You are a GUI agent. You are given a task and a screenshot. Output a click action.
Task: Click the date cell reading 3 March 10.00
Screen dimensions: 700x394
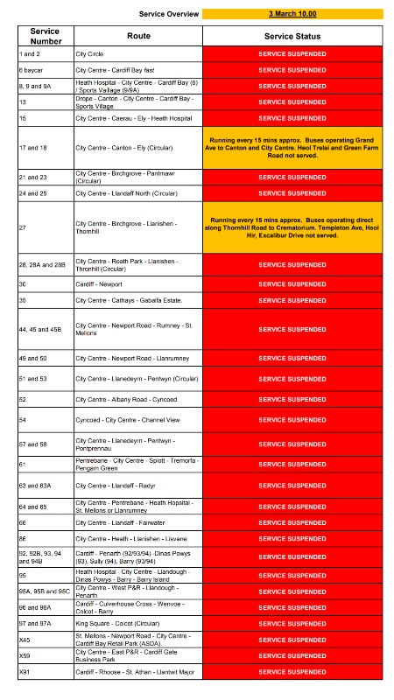click(292, 15)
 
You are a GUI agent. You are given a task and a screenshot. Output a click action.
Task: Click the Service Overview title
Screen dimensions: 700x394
click(170, 15)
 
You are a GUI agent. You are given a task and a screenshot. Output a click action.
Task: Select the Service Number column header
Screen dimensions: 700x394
click(45, 36)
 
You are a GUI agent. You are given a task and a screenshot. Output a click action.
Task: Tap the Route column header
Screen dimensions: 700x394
click(138, 36)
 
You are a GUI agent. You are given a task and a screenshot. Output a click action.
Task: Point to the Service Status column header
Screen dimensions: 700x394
click(292, 36)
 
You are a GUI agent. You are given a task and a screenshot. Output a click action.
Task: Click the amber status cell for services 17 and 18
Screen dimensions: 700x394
click(292, 148)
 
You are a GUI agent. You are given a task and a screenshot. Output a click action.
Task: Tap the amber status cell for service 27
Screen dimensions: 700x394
click(292, 238)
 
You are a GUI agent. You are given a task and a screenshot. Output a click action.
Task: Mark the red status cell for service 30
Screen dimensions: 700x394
click(292, 283)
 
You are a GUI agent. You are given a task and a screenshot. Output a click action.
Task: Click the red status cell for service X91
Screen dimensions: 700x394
click(292, 671)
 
